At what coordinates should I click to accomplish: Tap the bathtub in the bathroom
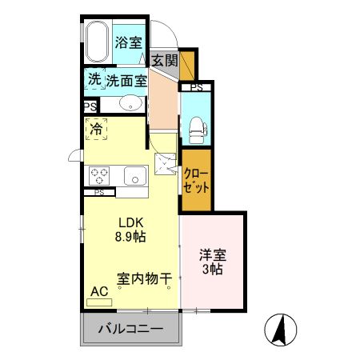(98, 42)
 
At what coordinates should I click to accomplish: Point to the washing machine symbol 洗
(94, 80)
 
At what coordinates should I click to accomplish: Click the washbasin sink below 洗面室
(130, 104)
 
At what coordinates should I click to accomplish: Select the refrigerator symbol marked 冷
(97, 127)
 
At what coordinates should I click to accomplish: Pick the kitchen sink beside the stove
(132, 175)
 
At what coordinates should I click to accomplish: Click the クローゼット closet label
(196, 181)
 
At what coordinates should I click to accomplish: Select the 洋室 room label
(212, 256)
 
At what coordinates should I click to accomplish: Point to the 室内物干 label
(144, 279)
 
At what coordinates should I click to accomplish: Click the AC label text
(100, 292)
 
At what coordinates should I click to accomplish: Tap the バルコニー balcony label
(130, 329)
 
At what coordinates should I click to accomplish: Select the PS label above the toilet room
(196, 87)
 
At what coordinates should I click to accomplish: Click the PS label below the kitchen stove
(99, 193)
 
